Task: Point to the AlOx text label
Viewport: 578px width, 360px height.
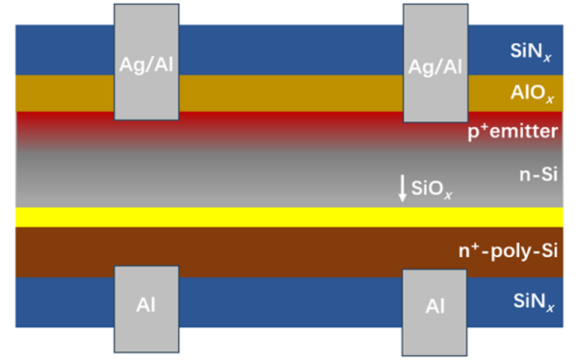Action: click(531, 93)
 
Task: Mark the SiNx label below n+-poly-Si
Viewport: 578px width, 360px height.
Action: click(531, 302)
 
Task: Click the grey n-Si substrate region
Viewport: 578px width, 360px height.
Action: click(270, 178)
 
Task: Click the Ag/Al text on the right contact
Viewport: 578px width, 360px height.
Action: click(435, 66)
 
